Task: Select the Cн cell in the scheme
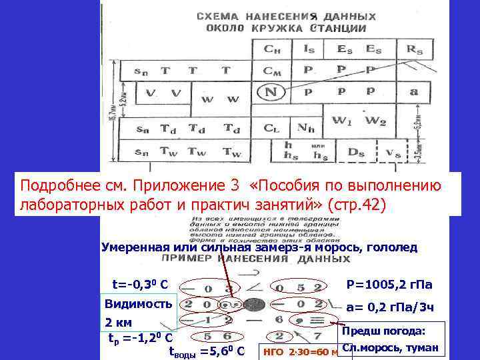pos(272,48)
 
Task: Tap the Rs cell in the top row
pos(414,48)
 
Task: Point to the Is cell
pos(309,48)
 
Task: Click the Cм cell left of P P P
pos(272,69)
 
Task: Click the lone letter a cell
pos(414,91)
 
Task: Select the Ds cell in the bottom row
pos(357,153)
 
